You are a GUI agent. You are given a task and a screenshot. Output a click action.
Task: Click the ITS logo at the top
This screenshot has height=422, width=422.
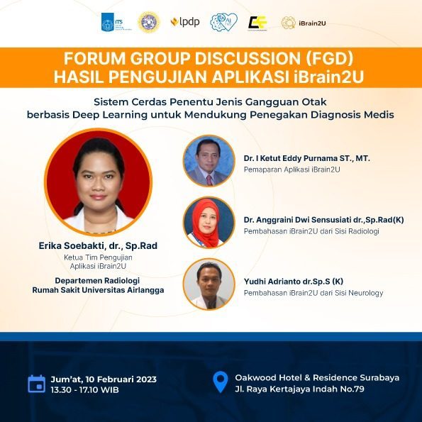[x=116, y=22]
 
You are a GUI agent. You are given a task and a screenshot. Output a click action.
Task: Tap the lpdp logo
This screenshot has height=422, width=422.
[x=185, y=22]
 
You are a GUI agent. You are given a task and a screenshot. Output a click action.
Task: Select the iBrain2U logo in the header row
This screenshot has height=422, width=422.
[x=304, y=23]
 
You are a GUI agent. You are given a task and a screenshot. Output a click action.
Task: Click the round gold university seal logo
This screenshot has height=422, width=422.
[x=149, y=22]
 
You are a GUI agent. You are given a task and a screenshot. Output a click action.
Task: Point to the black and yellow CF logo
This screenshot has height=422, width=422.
[x=257, y=23]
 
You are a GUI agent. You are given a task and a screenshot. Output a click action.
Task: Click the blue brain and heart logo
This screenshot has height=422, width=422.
[x=224, y=22]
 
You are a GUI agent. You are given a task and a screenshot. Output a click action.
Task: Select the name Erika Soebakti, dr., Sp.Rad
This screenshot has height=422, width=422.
[x=98, y=245]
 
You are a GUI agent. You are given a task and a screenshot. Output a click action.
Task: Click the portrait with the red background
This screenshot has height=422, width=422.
[x=99, y=182]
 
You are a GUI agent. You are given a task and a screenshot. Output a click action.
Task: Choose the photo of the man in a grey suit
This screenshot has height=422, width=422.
[x=209, y=161]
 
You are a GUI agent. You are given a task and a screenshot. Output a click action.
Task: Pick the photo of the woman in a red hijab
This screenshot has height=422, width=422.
[x=209, y=222]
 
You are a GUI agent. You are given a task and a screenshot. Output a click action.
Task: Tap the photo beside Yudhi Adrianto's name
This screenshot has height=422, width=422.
[x=209, y=284]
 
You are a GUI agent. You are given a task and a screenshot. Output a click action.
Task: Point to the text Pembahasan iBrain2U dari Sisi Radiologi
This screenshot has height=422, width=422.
[x=311, y=231]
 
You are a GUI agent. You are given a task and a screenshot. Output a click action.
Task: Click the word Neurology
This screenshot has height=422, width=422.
[x=366, y=293]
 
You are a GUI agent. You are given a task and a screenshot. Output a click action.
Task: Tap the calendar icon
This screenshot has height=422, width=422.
[x=37, y=384]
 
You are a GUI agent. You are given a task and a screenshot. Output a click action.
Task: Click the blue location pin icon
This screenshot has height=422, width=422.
[x=221, y=382]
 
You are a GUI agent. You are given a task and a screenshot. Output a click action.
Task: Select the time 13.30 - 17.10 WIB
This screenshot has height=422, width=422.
[x=85, y=389]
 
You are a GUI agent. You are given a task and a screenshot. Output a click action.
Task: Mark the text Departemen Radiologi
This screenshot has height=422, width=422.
[x=97, y=281]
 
